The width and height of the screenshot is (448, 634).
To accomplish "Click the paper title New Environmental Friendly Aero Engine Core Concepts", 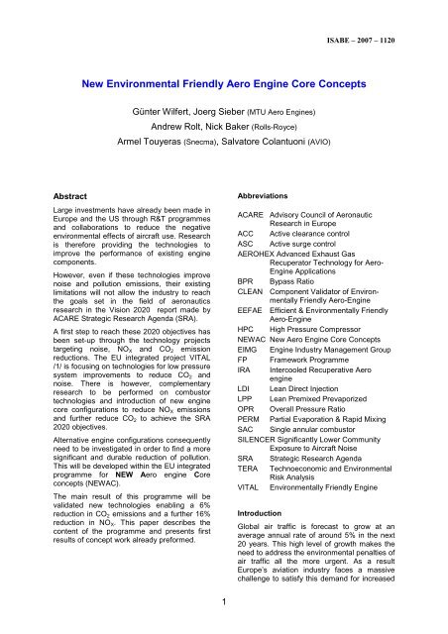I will (x=224, y=86).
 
